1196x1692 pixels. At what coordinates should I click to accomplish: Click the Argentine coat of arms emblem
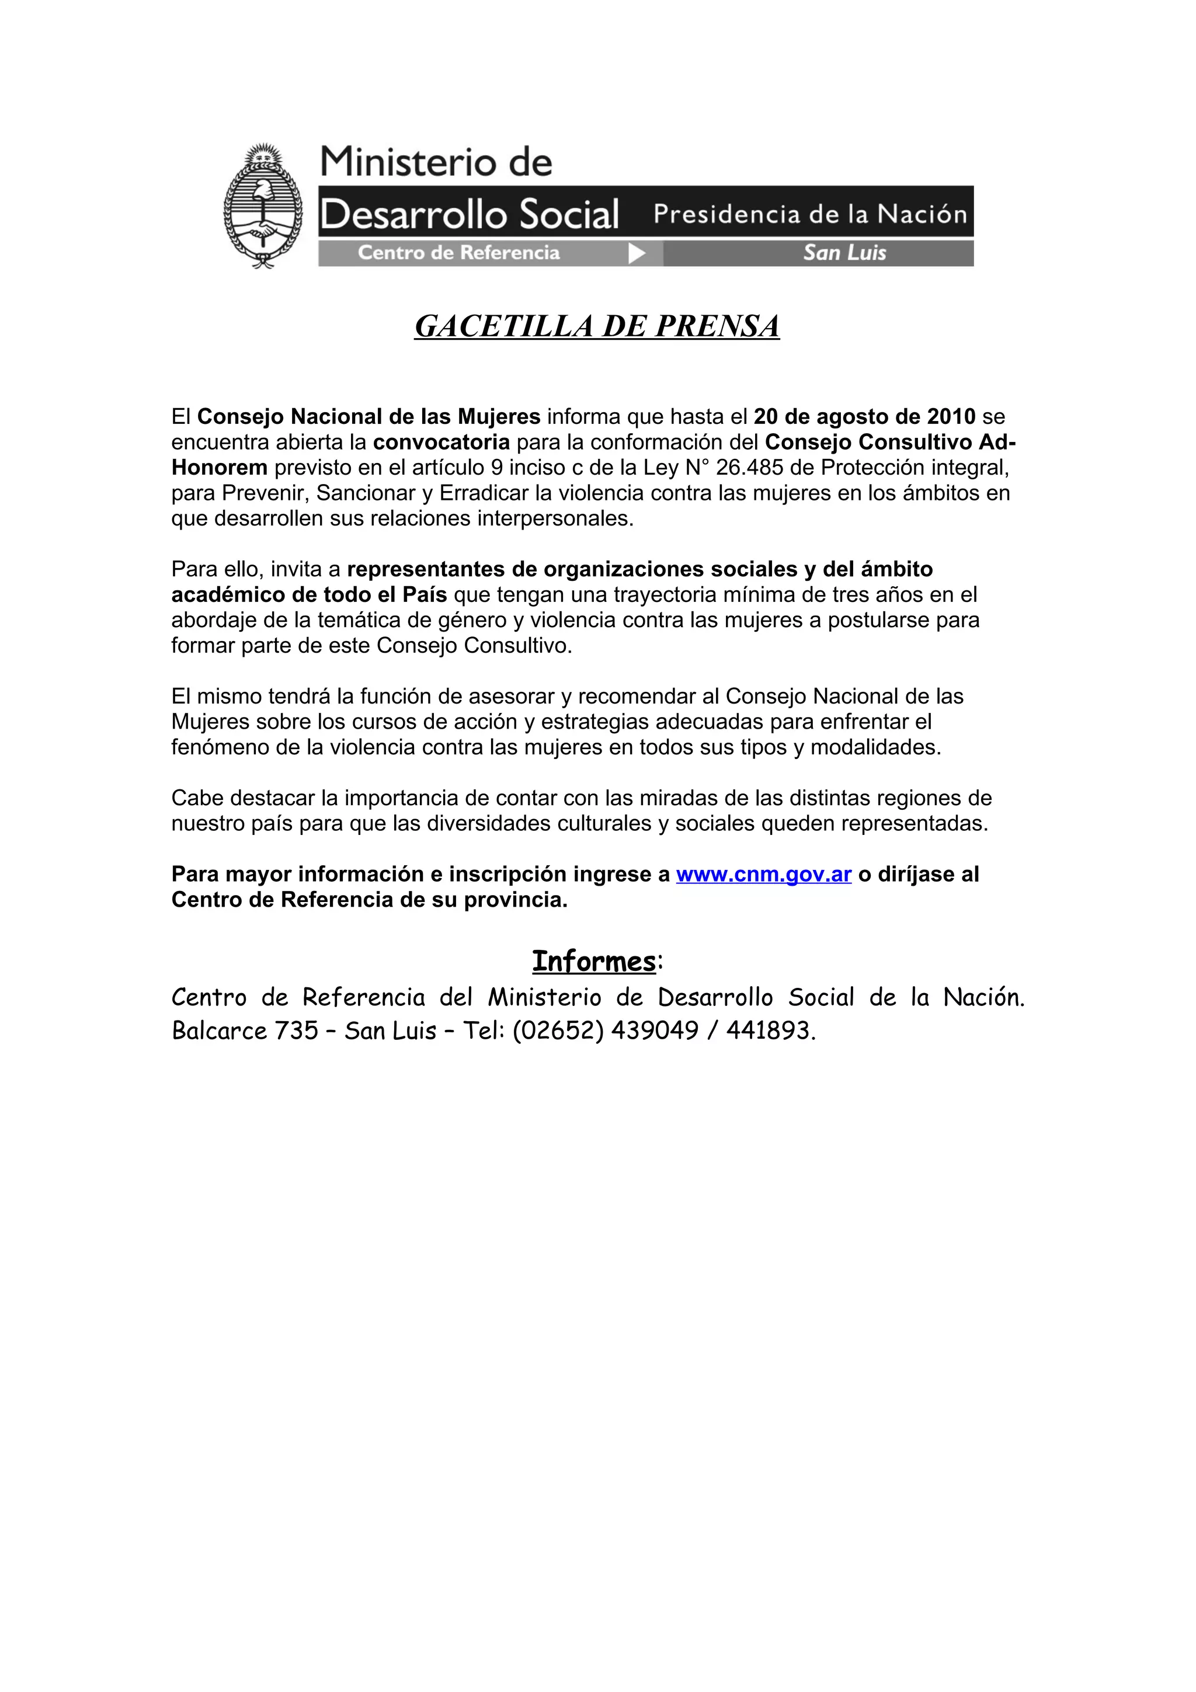click(x=262, y=206)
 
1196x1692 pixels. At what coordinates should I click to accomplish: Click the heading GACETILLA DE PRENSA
click(x=597, y=326)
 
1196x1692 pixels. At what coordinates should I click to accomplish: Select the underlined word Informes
click(x=594, y=962)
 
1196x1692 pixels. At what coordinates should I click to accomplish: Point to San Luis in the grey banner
click(x=844, y=253)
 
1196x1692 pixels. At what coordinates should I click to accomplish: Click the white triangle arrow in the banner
click(x=637, y=253)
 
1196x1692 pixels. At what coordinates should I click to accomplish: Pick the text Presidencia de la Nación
click(x=810, y=214)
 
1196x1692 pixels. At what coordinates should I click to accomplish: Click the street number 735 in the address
click(x=296, y=1030)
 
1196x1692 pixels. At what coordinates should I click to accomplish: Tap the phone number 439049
click(x=655, y=1030)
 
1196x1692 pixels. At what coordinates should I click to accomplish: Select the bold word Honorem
click(x=219, y=468)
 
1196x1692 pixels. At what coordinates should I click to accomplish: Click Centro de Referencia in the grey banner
click(x=458, y=253)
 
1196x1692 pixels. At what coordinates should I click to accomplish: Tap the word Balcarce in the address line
click(x=219, y=1030)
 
